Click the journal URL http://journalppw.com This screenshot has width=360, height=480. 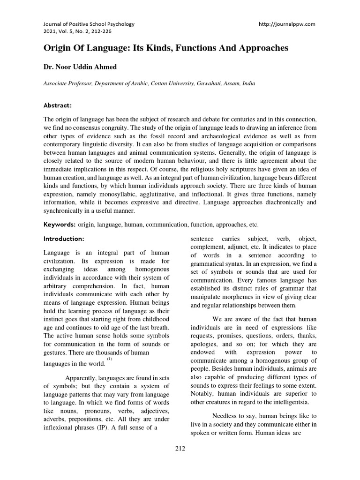287,24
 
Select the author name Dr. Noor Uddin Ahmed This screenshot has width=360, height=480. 80,67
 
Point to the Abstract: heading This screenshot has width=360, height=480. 58,105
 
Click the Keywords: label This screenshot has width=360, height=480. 60,225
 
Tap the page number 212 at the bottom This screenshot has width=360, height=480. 180,448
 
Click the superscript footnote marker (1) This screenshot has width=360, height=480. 109,359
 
